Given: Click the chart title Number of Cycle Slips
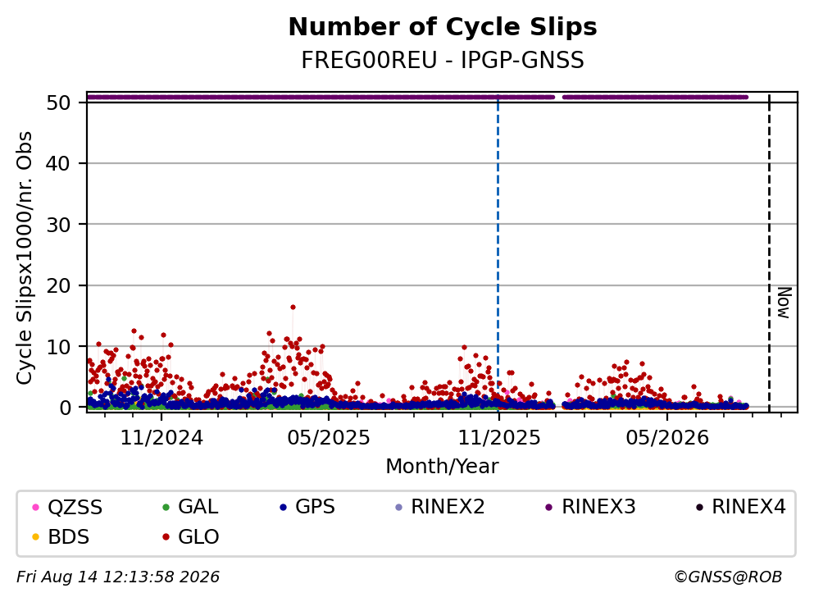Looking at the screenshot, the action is pos(443,27).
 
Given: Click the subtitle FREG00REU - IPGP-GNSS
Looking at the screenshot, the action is pos(443,60).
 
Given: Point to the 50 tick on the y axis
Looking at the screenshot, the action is pos(58,103).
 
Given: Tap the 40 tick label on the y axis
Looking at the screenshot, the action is pos(58,163).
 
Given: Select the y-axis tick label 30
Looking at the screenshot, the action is pos(58,225).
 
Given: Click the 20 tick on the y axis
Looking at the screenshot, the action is pos(58,285).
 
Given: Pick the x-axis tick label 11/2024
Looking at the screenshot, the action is pos(161,438).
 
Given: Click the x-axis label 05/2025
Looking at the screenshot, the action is pos(329,438).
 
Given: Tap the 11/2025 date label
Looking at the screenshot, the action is pos(499,438).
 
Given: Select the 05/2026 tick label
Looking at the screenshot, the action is pos(667,438).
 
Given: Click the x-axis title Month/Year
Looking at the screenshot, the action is pos(443,467).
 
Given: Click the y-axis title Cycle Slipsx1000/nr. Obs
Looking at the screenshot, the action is pos(24,258).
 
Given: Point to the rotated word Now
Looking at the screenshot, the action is pos(784,303).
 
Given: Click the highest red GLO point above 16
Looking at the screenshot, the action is pos(293,307).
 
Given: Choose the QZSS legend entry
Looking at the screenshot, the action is pos(67,507).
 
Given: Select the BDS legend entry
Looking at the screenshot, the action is pos(60,536).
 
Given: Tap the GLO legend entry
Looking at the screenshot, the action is pos(190,536).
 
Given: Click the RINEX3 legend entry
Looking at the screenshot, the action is pos(590,507).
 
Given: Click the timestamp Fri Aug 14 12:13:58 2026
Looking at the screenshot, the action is pos(118,577).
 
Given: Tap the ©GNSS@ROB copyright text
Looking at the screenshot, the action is pos(728,577).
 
